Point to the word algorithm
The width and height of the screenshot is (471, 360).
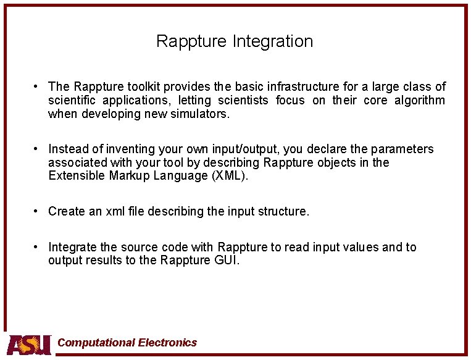(422, 100)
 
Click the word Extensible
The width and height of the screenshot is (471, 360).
(75, 176)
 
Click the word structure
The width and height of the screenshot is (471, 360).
(281, 211)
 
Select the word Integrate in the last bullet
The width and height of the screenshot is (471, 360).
(72, 247)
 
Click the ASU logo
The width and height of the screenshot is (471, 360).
(29, 344)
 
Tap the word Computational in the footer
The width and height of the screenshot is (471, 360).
(96, 343)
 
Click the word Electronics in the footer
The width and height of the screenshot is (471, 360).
(167, 343)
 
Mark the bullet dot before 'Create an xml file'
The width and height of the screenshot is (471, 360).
(38, 211)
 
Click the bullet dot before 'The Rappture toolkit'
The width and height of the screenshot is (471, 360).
(38, 86)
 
